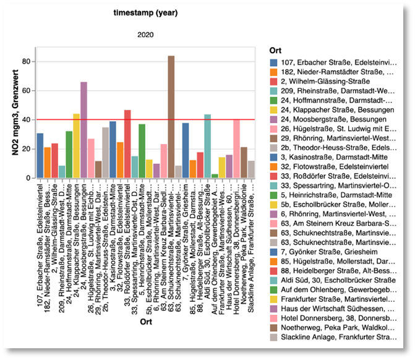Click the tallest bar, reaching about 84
[171, 118]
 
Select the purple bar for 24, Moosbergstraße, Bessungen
[83, 130]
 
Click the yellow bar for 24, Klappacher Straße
[77, 146]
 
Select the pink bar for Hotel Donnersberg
[237, 149]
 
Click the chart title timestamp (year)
[145, 12]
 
